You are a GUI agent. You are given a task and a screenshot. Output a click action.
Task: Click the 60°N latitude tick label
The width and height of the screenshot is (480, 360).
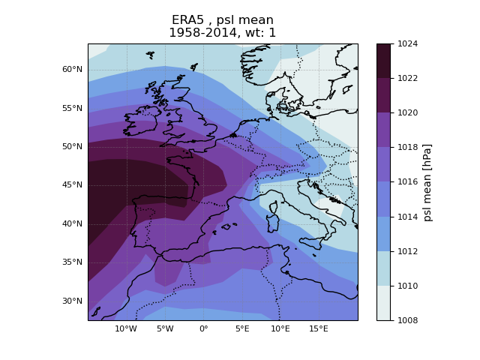point(72,69)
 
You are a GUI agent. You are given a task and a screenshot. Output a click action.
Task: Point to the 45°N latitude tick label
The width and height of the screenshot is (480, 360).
point(72,185)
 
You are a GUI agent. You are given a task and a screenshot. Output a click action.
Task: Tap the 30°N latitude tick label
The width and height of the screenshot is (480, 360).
point(72,301)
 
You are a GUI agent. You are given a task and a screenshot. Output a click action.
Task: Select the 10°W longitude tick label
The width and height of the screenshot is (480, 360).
point(126,328)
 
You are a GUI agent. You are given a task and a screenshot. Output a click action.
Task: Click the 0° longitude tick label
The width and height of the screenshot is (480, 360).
point(203,328)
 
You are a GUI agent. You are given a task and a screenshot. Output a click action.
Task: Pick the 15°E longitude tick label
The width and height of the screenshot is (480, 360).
point(319,328)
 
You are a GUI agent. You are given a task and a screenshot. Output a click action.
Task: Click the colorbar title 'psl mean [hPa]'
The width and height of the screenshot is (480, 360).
point(428,182)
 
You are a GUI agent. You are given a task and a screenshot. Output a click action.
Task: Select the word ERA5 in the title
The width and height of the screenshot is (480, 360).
point(187,20)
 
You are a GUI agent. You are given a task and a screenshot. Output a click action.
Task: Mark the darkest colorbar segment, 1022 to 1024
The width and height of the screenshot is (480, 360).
point(383,61)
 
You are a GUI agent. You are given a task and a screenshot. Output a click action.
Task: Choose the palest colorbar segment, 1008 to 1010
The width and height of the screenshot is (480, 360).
point(383,303)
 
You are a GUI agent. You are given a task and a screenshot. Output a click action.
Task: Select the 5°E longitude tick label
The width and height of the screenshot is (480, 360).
point(241,328)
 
